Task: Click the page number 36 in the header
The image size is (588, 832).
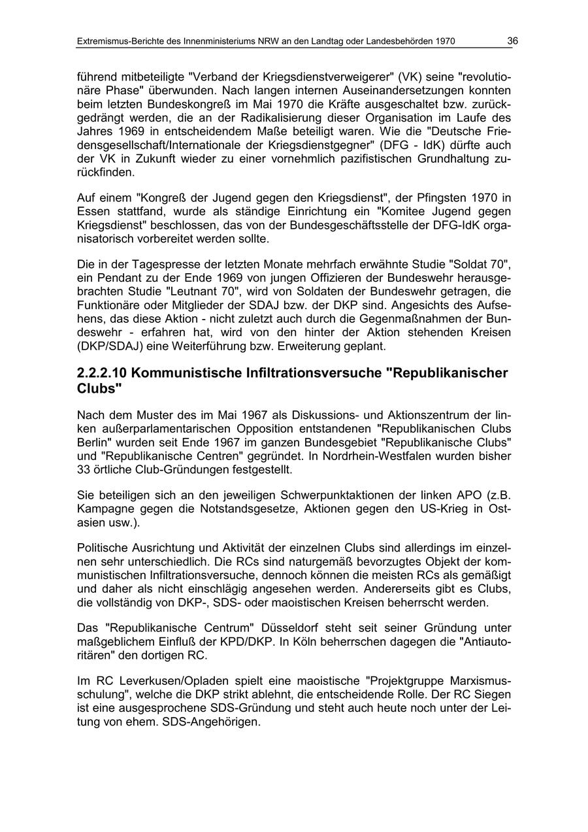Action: click(x=512, y=41)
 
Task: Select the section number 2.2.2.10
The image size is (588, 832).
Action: click(x=102, y=373)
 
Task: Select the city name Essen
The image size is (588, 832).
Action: click(x=92, y=212)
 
